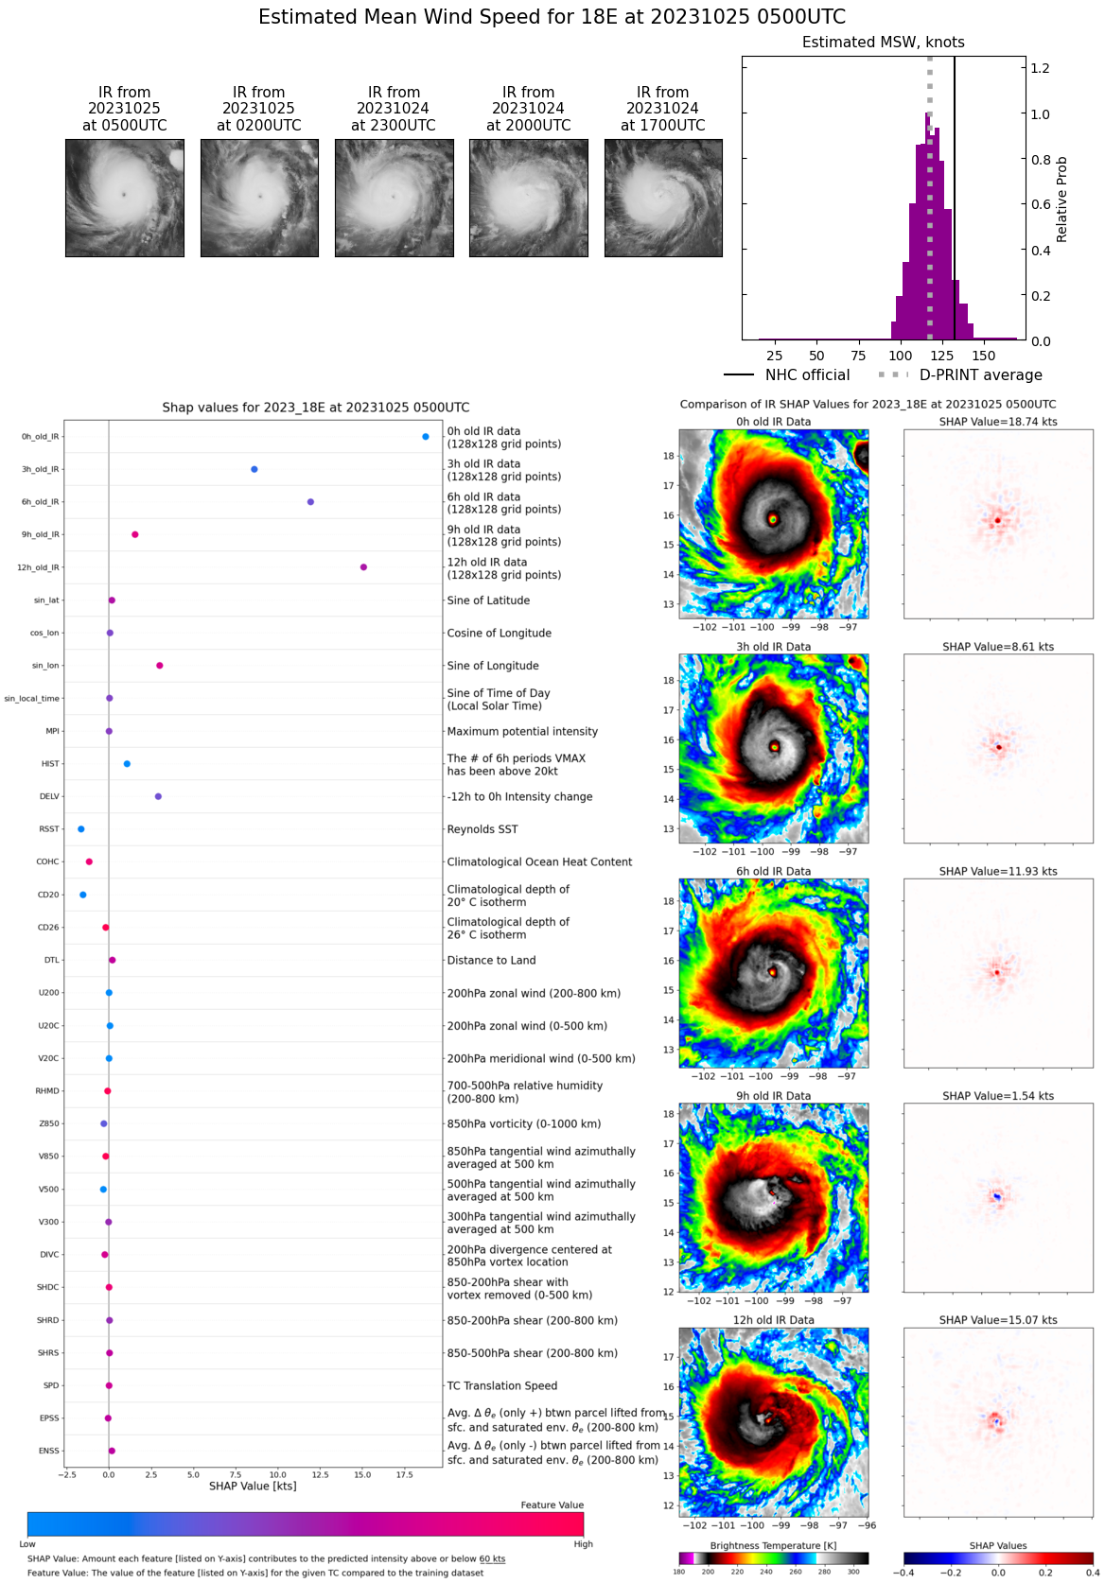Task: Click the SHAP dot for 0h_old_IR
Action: [x=426, y=437]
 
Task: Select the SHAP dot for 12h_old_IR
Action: [x=363, y=567]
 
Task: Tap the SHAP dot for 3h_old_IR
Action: [x=254, y=469]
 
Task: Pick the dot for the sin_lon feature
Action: [x=160, y=666]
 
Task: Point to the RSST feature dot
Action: [x=81, y=829]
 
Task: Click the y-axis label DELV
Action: [x=49, y=797]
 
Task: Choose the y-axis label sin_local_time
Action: [x=31, y=699]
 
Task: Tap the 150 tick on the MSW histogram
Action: [x=984, y=356]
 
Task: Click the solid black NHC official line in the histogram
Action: [x=955, y=189]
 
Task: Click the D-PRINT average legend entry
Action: [x=960, y=375]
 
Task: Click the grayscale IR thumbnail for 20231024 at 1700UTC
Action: [x=663, y=198]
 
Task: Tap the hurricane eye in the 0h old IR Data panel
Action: [x=773, y=519]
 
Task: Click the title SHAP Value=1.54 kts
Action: [x=998, y=1096]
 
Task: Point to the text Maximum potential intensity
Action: [x=522, y=732]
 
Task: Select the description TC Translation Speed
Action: [x=502, y=1386]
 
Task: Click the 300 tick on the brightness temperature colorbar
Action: [x=853, y=1572]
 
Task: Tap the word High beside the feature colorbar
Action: [x=583, y=1544]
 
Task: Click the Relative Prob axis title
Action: [x=1061, y=199]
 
